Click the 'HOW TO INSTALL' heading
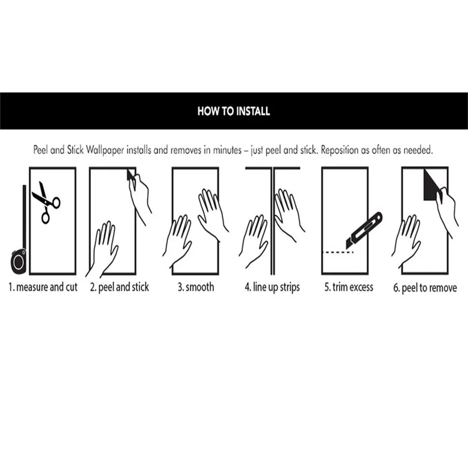233,111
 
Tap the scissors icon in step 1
46,202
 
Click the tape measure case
19,261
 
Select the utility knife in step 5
364,230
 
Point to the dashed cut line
339,253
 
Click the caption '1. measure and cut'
43,287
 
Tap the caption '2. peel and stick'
120,287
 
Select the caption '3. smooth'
196,287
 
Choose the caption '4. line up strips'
272,287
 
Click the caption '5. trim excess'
349,287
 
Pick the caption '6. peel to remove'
425,288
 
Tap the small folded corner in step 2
131,175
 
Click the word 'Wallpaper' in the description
105,150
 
